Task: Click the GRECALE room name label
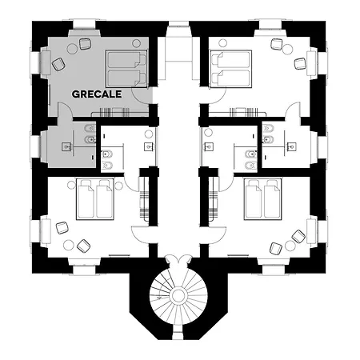pyautogui.click(x=97, y=94)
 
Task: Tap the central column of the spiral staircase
pyautogui.click(x=178, y=295)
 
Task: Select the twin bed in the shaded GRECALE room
pyautogui.click(x=126, y=69)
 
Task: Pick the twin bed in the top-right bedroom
pyautogui.click(x=231, y=69)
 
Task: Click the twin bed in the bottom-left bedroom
pyautogui.click(x=95, y=199)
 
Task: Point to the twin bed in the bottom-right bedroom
pyautogui.click(x=263, y=199)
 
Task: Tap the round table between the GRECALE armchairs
pyautogui.click(x=72, y=49)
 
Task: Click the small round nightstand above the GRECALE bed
pyautogui.click(x=137, y=43)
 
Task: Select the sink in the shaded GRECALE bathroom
pyautogui.click(x=66, y=146)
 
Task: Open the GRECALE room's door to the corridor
pyautogui.click(x=142, y=96)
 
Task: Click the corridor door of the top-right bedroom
pyautogui.click(x=217, y=96)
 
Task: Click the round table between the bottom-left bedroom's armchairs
pyautogui.click(x=69, y=245)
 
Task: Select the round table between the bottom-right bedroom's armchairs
pyautogui.click(x=289, y=245)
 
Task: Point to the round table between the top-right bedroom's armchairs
pyautogui.click(x=287, y=50)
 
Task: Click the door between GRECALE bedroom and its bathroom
pyautogui.click(x=65, y=110)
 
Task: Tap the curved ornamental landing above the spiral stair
pyautogui.click(x=178, y=260)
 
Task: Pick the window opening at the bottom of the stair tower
pyautogui.click(x=178, y=333)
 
